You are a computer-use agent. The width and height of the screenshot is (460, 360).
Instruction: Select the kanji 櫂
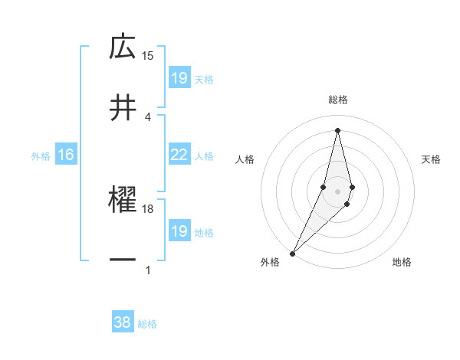[x=123, y=200]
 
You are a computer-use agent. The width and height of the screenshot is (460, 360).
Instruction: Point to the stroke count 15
[x=148, y=55]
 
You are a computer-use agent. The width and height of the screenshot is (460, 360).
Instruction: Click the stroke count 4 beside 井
[x=148, y=116]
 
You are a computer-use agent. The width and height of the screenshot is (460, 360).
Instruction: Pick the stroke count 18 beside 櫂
[x=148, y=208]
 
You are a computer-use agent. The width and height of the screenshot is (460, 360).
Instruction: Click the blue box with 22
[x=179, y=155]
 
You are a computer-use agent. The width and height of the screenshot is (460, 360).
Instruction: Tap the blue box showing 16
[x=66, y=155]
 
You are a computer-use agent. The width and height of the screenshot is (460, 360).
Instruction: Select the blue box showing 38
[x=123, y=322]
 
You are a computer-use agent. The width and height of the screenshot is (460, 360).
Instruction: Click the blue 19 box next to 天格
[x=179, y=77]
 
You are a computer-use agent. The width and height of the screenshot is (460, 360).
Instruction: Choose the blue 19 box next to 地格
[x=179, y=231]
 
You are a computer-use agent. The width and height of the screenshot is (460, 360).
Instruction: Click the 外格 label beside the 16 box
[x=41, y=155]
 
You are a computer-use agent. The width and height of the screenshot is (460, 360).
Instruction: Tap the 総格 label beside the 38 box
[x=147, y=323]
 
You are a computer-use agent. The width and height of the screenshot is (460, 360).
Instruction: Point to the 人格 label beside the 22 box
[x=204, y=155]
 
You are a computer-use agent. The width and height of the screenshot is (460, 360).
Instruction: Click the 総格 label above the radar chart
[x=337, y=100]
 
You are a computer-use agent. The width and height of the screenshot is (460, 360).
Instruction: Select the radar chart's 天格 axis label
[x=431, y=159]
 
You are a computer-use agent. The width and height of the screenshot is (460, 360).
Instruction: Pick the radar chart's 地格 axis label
[x=402, y=263]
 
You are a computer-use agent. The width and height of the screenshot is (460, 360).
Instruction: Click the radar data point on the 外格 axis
[x=292, y=252]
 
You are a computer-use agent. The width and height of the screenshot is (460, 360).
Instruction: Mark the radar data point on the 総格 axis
[x=337, y=129]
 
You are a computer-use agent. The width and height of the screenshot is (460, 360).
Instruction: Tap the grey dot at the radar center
[x=337, y=191]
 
